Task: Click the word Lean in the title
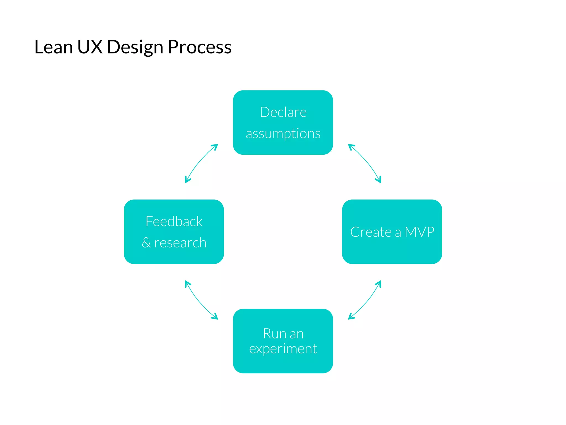coord(53,47)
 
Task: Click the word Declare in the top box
coord(283,112)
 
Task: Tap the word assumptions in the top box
coord(283,134)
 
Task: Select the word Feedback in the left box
coord(174,221)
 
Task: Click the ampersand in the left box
coord(146,243)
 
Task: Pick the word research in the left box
coord(180,243)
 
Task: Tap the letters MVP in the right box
coord(419,232)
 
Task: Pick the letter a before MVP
coord(398,232)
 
